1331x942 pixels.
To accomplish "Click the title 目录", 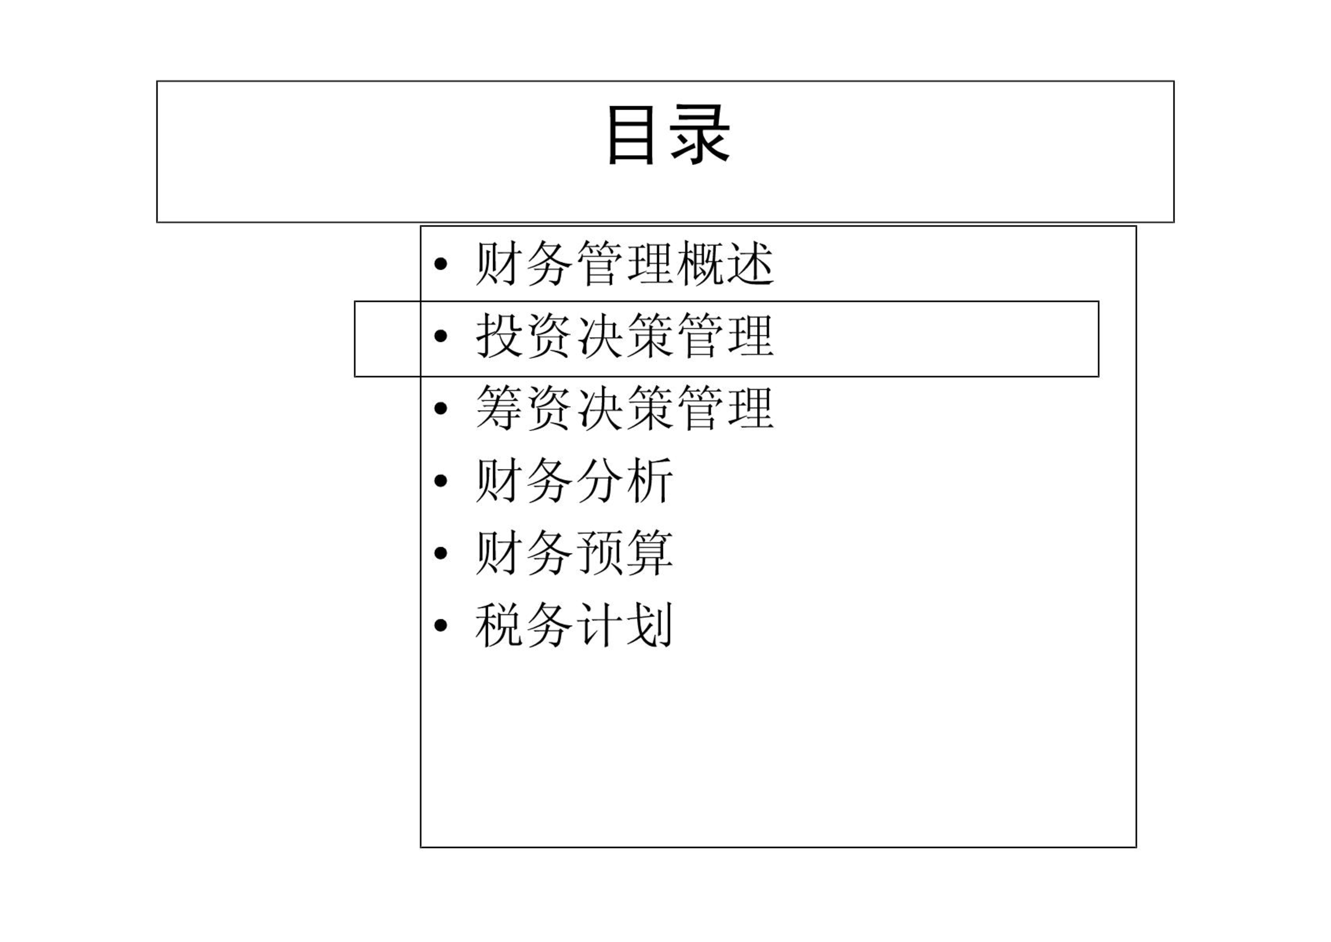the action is [670, 135].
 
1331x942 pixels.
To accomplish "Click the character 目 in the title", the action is [631, 135].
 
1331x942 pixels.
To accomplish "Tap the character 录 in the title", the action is [700, 135].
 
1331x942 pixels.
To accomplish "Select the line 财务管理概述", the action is [625, 264].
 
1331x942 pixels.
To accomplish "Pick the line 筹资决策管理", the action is [625, 408].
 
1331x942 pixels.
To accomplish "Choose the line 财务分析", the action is [574, 481].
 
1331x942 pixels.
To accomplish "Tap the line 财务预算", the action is [574, 553].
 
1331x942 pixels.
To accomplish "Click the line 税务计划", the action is [574, 626].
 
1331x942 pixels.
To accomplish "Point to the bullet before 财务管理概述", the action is [440, 264].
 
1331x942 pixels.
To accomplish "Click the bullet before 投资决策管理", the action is [440, 336].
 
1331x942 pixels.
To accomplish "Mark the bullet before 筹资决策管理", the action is [440, 409].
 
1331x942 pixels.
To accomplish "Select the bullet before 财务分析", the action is [440, 481].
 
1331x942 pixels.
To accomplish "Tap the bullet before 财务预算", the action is [440, 554].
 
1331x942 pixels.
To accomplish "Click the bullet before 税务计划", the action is [440, 626].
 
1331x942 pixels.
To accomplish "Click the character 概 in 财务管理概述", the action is [700, 264].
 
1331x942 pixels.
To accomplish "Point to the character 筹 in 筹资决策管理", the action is [499, 408].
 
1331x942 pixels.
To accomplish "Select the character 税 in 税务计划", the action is [499, 626].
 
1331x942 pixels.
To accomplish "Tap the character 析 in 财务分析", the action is [650, 481].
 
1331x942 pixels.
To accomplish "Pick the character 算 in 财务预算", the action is [650, 553].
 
